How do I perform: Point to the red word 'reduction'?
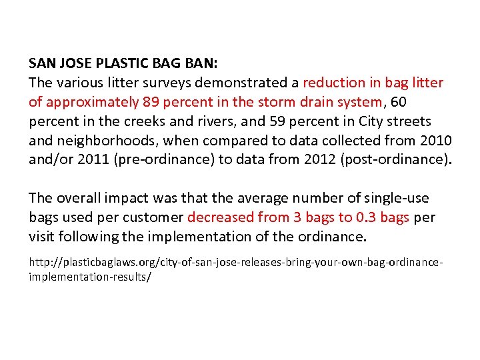tap(331, 83)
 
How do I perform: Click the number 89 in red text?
tap(151, 103)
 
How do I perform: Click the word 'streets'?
tap(409, 122)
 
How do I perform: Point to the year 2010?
tap(437, 141)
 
